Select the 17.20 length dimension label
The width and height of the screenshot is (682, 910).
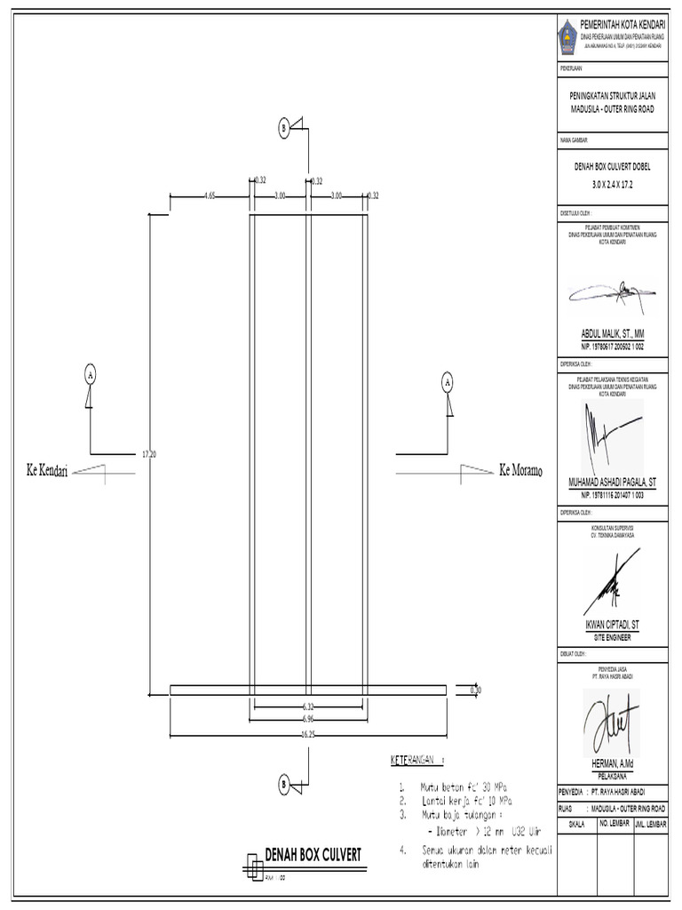(x=149, y=453)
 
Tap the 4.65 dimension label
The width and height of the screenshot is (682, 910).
(x=209, y=195)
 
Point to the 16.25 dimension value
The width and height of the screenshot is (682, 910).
(x=309, y=735)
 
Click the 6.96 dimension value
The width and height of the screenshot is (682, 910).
(x=309, y=717)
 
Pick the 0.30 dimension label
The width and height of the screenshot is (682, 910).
(x=475, y=689)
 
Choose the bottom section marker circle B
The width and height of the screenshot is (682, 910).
(x=283, y=785)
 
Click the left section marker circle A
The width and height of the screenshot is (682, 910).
(x=90, y=374)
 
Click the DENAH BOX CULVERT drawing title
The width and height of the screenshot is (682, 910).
(x=313, y=855)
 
